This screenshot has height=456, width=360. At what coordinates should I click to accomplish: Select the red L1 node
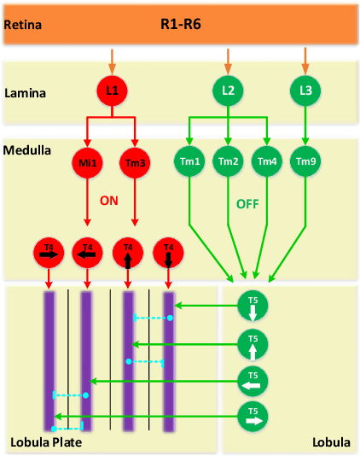pyautogui.click(x=111, y=90)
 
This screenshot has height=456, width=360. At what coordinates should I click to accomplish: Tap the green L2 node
pyautogui.click(x=227, y=90)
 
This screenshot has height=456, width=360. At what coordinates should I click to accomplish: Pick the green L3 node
pyautogui.click(x=305, y=90)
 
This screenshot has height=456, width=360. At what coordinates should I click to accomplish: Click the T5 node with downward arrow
pyautogui.click(x=253, y=307)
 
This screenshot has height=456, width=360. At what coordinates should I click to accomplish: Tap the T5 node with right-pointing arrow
pyautogui.click(x=253, y=417)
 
